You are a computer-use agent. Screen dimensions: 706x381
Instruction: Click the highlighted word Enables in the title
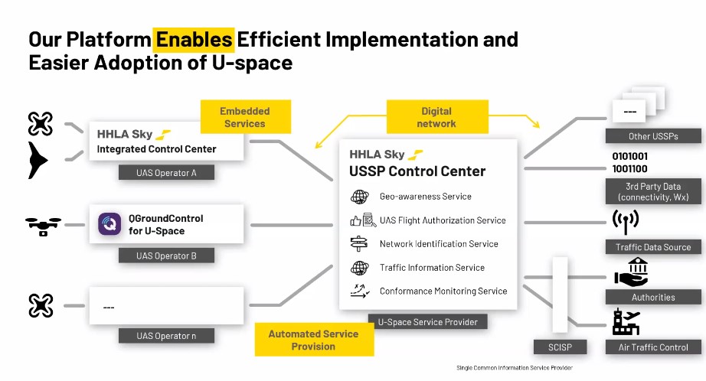pos(194,40)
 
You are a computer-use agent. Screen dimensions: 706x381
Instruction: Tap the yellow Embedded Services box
pos(245,117)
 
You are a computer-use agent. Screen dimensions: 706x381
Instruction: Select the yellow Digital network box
pos(437,117)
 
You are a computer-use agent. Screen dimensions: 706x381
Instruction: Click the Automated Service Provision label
pos(314,340)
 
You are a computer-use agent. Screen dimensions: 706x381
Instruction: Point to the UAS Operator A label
pos(166,173)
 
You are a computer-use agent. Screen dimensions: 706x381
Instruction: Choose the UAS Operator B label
pos(166,256)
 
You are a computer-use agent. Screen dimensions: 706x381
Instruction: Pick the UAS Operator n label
pos(166,336)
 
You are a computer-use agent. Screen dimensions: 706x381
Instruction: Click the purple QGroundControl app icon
pos(109,223)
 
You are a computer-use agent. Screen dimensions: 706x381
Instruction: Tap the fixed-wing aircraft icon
pos(38,160)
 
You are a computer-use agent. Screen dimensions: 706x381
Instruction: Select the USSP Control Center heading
pos(417,171)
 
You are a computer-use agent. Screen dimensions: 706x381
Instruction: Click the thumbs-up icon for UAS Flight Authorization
pos(356,221)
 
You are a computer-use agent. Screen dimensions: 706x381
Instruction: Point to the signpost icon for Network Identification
pos(359,243)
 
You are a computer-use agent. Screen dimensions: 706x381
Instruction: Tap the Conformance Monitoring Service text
pos(443,291)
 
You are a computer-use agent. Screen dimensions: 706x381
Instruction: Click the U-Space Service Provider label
pos(428,321)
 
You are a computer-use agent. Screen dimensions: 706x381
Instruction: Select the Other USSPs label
pos(653,136)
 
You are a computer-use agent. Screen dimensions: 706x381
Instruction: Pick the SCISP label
pos(560,347)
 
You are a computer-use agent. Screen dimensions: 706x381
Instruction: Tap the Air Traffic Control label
pos(653,347)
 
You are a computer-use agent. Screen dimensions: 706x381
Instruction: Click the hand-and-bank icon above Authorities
pos(631,272)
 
